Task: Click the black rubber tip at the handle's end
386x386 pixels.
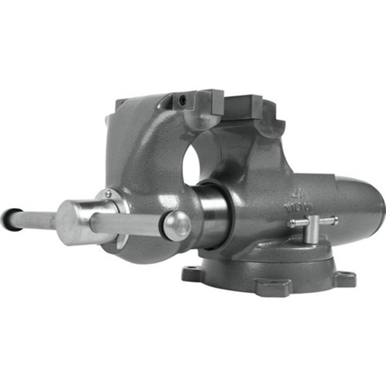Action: click(x=8, y=218)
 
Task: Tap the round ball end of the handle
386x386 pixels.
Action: click(x=177, y=225)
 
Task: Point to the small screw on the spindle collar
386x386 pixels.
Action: click(x=108, y=194)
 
